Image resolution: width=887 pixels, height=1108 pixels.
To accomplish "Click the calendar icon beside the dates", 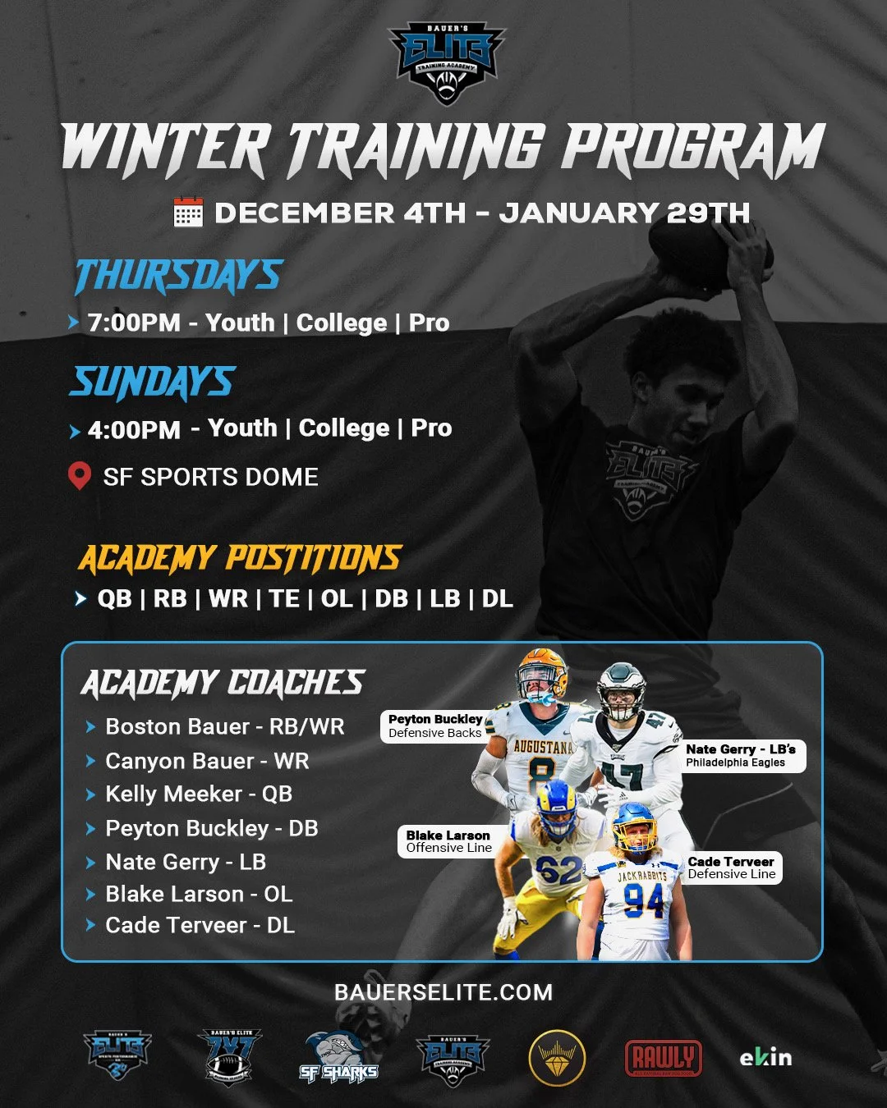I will click(188, 212).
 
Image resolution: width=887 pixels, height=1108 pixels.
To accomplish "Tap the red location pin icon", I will click(79, 476).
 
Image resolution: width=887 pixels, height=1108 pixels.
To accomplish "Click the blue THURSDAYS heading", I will click(178, 276).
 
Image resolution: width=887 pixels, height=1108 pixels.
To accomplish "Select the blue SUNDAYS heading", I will click(153, 382).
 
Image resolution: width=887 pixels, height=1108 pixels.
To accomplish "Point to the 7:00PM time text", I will click(134, 323).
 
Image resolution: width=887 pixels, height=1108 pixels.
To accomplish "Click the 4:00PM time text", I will click(134, 429).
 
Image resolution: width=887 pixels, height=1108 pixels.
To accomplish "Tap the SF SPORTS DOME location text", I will click(210, 477).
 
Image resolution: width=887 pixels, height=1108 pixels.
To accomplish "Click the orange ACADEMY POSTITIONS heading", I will click(240, 558).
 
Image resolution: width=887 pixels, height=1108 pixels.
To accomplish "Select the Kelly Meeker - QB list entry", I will click(199, 794).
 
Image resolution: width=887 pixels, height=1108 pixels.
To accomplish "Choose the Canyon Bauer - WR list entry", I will click(207, 761).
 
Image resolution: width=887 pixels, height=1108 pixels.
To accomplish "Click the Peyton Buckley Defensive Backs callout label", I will click(434, 726).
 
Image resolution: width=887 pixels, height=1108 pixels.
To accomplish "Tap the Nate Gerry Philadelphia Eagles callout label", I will click(741, 755).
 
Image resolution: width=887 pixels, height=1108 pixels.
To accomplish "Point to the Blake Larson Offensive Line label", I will click(448, 841).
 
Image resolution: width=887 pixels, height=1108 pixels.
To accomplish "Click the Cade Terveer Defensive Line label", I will click(731, 868).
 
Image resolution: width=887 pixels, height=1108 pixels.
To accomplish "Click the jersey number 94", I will click(643, 901).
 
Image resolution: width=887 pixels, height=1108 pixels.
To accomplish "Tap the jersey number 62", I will click(558, 869).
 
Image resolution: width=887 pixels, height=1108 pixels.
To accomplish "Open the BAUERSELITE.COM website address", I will click(443, 992).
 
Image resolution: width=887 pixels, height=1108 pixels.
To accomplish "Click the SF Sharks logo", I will click(338, 1058).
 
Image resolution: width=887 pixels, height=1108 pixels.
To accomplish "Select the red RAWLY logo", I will click(663, 1057).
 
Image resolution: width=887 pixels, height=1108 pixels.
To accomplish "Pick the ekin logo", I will click(765, 1057).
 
